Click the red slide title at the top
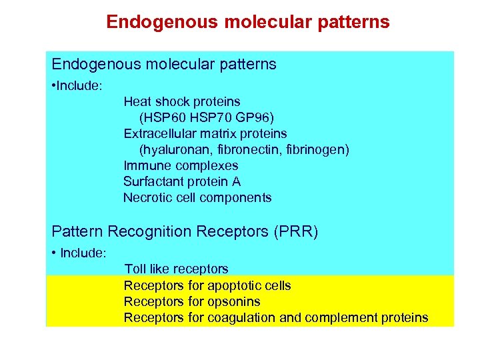click(x=247, y=22)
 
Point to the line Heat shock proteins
click(x=181, y=102)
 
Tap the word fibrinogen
click(x=313, y=150)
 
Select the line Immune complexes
click(x=181, y=166)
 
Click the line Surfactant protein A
click(x=182, y=182)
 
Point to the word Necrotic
click(x=147, y=198)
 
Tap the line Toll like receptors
click(x=176, y=269)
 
